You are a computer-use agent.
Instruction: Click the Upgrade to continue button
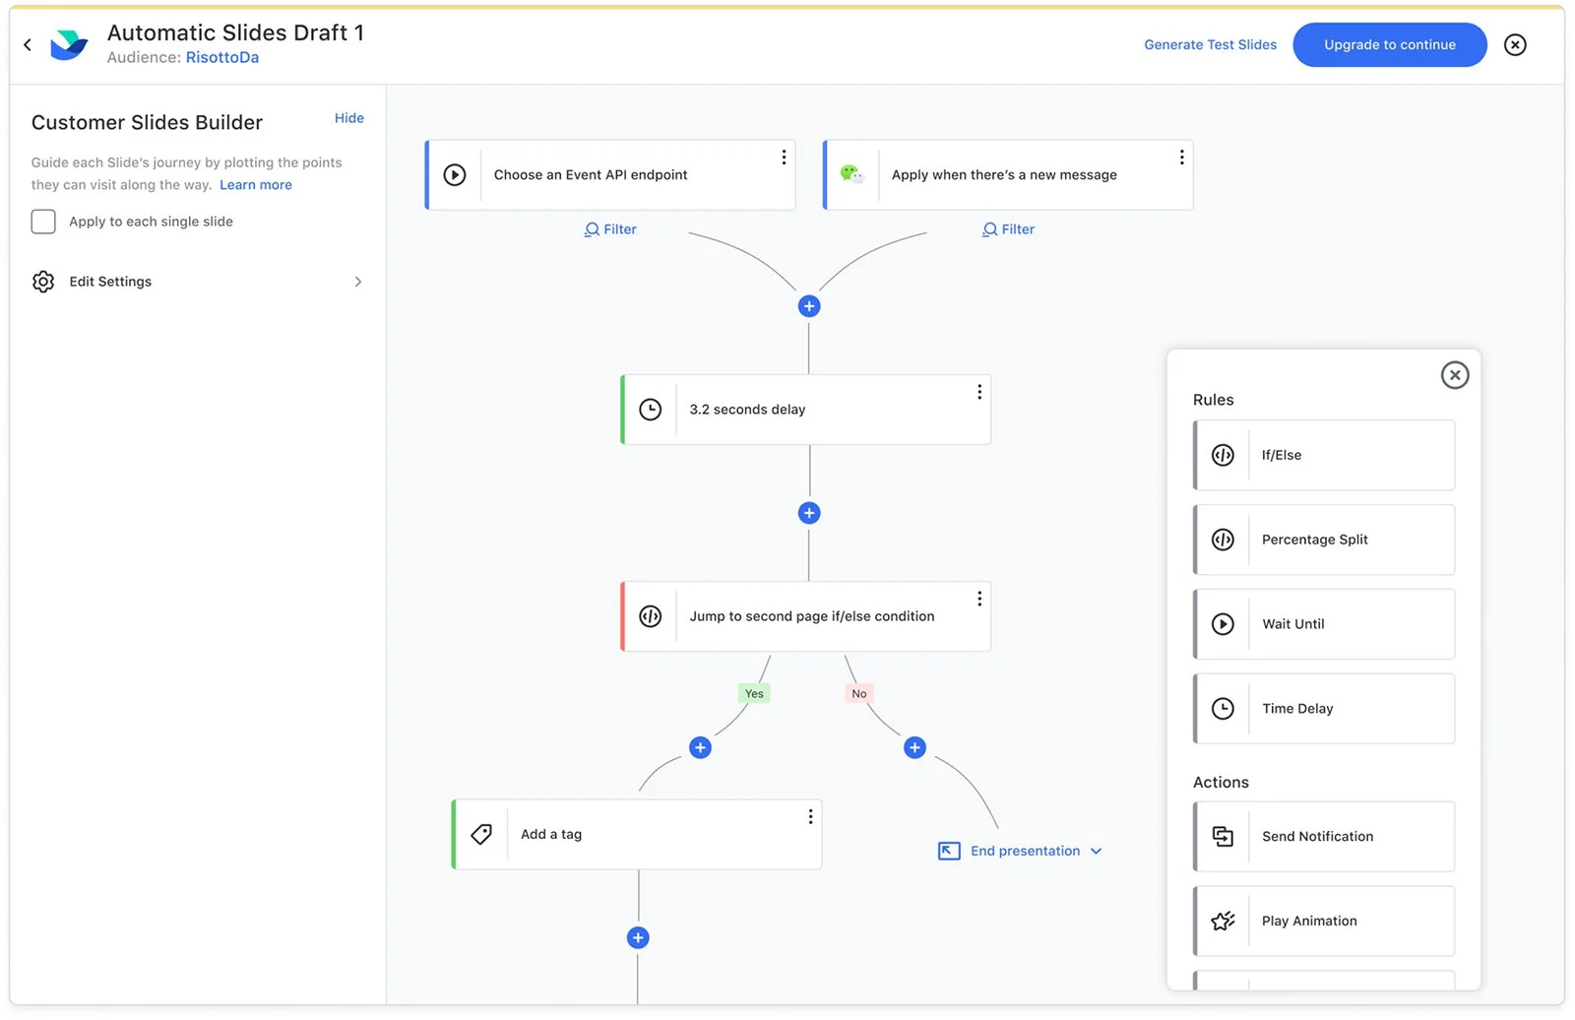tap(1389, 45)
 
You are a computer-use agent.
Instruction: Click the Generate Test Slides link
tap(1210, 45)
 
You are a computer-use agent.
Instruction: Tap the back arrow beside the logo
tap(28, 45)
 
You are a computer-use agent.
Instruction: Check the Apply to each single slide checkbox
tap(43, 222)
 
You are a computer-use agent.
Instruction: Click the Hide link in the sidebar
tap(348, 118)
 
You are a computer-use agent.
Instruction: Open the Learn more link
tap(256, 184)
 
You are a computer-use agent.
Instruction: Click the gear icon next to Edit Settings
tap(43, 282)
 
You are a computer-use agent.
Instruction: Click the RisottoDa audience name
tap(222, 58)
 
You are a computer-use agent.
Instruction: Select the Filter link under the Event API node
tap(610, 229)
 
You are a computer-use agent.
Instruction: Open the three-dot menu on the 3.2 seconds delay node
tap(979, 392)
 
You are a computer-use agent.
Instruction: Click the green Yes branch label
tap(754, 693)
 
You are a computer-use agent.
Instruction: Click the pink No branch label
tap(859, 693)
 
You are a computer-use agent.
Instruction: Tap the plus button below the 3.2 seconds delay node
tap(809, 513)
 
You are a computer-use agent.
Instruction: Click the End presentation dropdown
tap(1020, 852)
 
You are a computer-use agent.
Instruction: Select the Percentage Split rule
tap(1324, 540)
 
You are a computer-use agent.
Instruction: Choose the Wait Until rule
tap(1324, 624)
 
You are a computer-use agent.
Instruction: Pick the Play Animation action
tap(1324, 921)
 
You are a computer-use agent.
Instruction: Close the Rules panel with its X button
tap(1455, 375)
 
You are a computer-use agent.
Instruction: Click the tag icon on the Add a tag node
tap(481, 834)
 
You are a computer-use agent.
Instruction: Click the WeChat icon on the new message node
tap(852, 174)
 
